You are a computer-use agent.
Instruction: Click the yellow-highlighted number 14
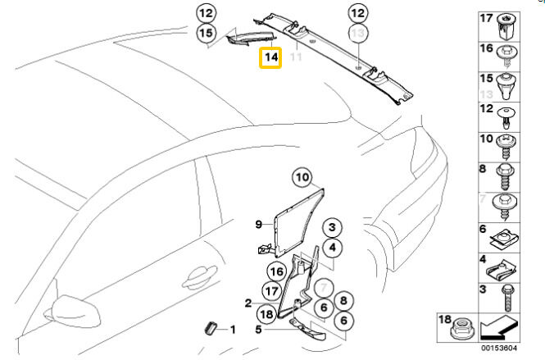pyautogui.click(x=270, y=58)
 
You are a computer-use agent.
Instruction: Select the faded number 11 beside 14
pyautogui.click(x=296, y=58)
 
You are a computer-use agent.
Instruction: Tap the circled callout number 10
pyautogui.click(x=302, y=177)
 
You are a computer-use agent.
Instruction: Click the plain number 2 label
pyautogui.click(x=248, y=303)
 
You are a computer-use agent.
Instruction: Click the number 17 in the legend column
pyautogui.click(x=486, y=17)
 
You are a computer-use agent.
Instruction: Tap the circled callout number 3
pyautogui.click(x=331, y=228)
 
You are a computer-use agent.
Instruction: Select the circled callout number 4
pyautogui.click(x=331, y=248)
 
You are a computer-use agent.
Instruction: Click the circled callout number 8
pyautogui.click(x=344, y=301)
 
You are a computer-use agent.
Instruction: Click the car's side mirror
pyautogui.click(x=76, y=308)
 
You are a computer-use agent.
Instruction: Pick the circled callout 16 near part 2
pyautogui.click(x=275, y=270)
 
